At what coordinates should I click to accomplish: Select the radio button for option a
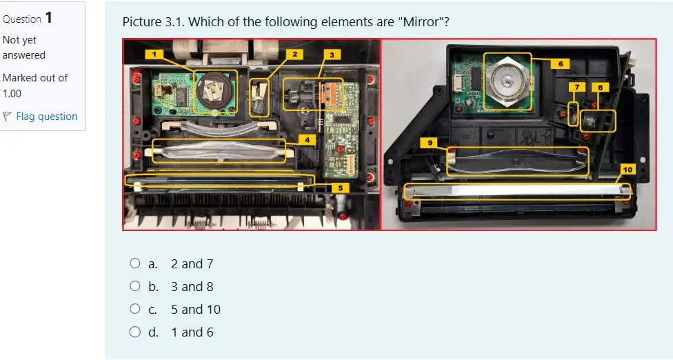[134, 263]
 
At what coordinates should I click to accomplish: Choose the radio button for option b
[134, 286]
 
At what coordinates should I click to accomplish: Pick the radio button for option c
[134, 308]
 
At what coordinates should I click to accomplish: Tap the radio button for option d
[134, 332]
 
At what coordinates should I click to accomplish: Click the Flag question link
[47, 117]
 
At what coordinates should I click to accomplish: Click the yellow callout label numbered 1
[154, 54]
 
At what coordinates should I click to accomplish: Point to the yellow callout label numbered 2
[295, 54]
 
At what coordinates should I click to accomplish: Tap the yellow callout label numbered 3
[332, 54]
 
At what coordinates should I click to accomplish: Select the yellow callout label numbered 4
[308, 139]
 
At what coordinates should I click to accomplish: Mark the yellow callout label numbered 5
[341, 188]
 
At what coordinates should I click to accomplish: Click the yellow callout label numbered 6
[561, 64]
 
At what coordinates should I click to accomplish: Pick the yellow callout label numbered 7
[577, 87]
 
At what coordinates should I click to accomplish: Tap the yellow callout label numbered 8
[600, 88]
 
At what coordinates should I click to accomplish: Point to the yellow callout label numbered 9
[430, 143]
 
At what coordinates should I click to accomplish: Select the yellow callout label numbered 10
[628, 170]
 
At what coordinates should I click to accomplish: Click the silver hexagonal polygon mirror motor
[507, 81]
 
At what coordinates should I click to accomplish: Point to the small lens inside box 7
[573, 114]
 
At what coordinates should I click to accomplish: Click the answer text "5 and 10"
[196, 310]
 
